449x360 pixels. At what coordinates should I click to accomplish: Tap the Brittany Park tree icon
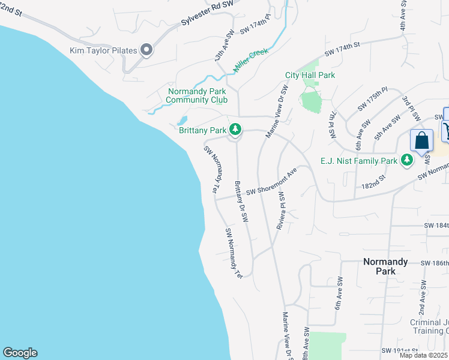click(x=236, y=129)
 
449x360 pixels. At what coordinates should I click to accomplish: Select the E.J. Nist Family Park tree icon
click(x=407, y=160)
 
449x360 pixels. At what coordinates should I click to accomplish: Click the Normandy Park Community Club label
click(x=197, y=95)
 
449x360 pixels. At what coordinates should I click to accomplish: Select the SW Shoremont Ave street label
click(x=271, y=183)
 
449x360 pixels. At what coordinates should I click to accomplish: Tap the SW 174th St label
click(x=342, y=50)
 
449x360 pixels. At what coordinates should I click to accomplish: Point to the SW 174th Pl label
click(x=255, y=26)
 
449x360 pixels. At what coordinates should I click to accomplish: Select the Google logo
click(x=20, y=353)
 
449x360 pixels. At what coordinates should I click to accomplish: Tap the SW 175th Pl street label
click(x=373, y=99)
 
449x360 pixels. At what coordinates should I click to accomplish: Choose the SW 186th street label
click(x=434, y=263)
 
